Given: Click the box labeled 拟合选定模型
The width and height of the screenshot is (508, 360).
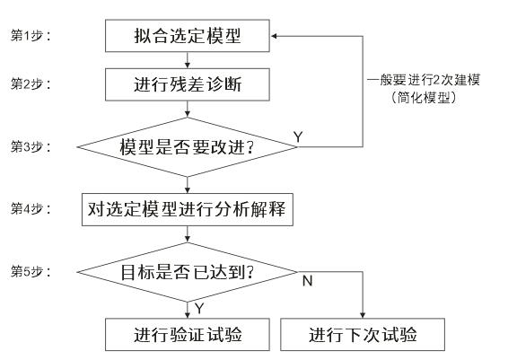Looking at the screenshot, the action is pyautogui.click(x=188, y=36).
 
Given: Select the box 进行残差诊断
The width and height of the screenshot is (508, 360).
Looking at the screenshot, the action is pyautogui.click(x=188, y=84).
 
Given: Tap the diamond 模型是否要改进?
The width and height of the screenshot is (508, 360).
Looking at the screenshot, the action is pyautogui.click(x=188, y=147).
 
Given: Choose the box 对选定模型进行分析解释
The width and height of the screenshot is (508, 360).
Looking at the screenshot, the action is pyautogui.click(x=188, y=210).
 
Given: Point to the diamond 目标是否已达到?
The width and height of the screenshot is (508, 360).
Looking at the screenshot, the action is pyautogui.click(x=188, y=272).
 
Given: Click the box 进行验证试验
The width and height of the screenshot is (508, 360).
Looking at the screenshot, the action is pyautogui.click(x=188, y=334).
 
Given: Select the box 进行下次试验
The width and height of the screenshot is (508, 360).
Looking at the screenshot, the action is pyautogui.click(x=363, y=334).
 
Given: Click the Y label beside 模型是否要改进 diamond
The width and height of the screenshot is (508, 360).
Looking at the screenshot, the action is pyautogui.click(x=298, y=137).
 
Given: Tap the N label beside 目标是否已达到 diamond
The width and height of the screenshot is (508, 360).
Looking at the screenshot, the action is pyautogui.click(x=308, y=281).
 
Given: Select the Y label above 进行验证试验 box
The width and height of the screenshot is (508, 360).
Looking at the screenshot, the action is pyautogui.click(x=199, y=309).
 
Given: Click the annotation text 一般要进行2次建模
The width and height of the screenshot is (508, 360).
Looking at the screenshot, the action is pyautogui.click(x=423, y=80).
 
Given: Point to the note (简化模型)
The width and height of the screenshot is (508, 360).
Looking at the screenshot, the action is pyautogui.click(x=423, y=98).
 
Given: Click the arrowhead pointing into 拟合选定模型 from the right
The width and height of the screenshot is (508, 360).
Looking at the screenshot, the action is pyautogui.click(x=274, y=36).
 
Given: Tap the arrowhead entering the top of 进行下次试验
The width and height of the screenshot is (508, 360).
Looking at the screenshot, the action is pyautogui.click(x=363, y=315).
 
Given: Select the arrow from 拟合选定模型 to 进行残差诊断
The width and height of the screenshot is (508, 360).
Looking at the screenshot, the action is pyautogui.click(x=188, y=60).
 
